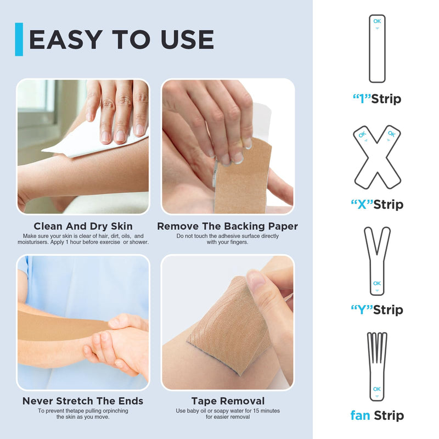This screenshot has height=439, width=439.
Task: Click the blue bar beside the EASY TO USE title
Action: [19, 39]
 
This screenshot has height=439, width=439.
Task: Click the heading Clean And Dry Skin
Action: [83, 226]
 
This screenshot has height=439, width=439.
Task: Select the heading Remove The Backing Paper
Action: [227, 226]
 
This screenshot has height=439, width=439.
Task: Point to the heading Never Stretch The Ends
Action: [83, 401]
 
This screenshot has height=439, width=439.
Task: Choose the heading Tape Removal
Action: [228, 401]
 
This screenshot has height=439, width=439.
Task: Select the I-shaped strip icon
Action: [376, 49]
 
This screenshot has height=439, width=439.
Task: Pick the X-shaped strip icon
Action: [376, 156]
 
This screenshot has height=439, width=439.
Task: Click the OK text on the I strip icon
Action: [376, 21]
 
